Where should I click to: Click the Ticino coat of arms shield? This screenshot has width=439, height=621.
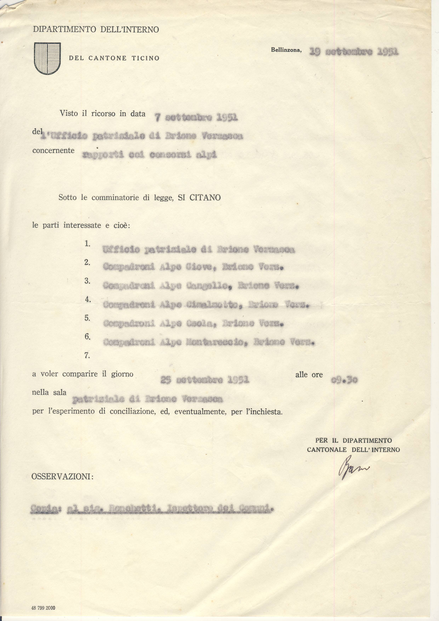(x=47, y=58)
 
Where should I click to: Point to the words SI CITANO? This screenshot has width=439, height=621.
(x=199, y=198)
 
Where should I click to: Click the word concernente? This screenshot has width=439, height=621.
(x=53, y=150)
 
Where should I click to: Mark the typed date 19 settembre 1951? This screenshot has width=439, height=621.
(x=354, y=51)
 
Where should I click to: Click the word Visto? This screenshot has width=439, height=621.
(x=69, y=113)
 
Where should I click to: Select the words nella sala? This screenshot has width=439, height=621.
(x=49, y=392)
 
